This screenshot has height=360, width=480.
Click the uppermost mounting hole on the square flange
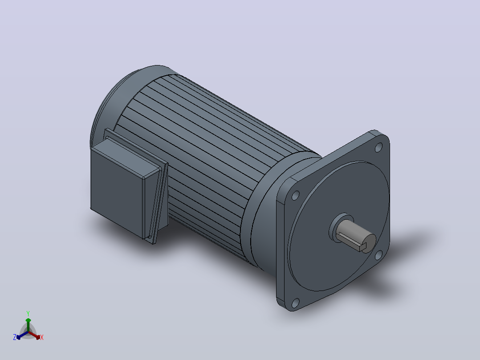(378, 147)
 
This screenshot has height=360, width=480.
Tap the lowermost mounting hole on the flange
(295, 303)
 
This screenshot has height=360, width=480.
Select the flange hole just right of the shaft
(378, 255)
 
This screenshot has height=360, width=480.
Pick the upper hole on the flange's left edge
(296, 196)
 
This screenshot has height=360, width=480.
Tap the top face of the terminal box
(126, 156)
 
